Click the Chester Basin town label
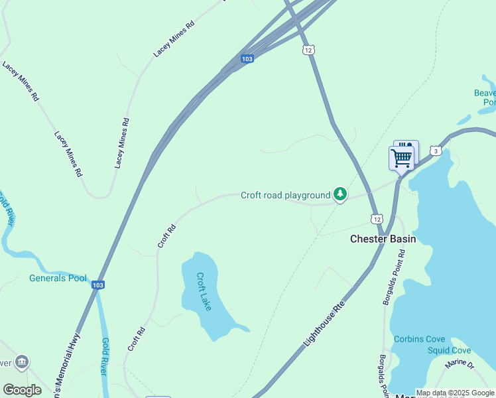point(383,239)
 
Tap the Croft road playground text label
point(285,195)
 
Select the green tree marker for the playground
point(340,194)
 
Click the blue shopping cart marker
point(401,159)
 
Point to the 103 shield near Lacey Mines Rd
point(247,59)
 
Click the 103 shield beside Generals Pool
point(98,285)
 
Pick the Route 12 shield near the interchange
point(307,50)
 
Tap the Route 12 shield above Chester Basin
point(376,219)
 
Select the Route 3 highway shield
point(435,151)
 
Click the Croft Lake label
point(204,291)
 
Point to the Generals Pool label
point(58,278)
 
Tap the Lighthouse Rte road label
point(325,324)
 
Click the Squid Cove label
point(449,350)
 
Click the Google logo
point(22,389)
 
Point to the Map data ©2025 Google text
point(455,393)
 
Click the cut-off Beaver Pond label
point(485,98)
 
